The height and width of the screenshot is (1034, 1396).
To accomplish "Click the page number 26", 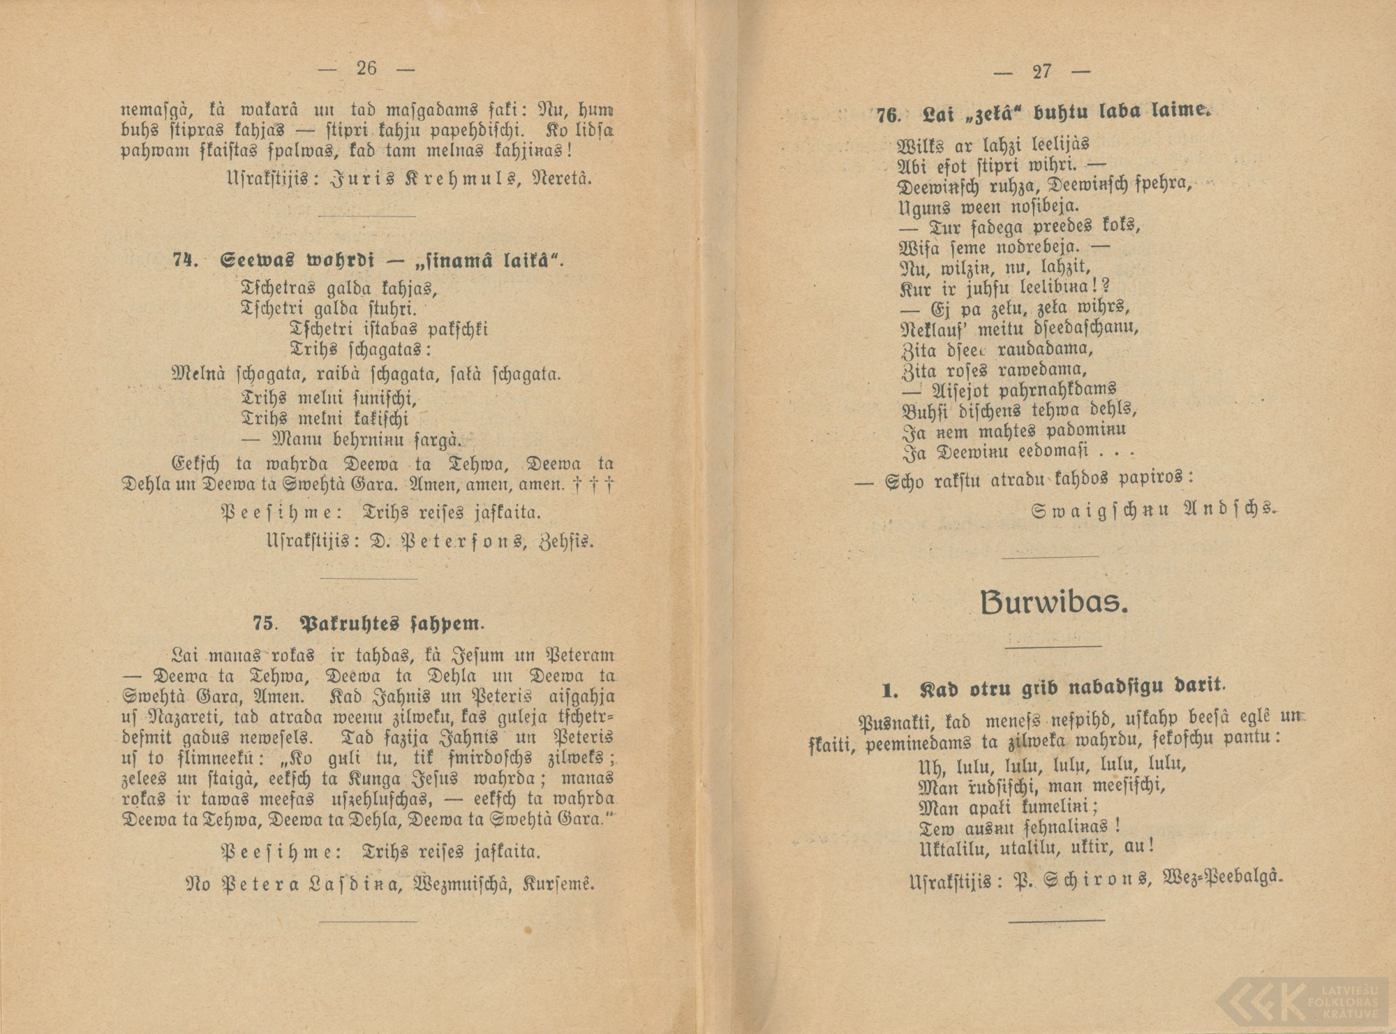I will tap(366, 68).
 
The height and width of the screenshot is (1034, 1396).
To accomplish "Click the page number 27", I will tap(1041, 71).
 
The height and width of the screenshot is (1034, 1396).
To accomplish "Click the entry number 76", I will tap(890, 115).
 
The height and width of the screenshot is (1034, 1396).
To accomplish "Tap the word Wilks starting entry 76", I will tap(921, 146).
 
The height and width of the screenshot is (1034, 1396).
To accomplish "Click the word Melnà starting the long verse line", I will tap(198, 374).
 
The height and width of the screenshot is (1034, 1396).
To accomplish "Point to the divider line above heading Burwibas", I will tap(1050, 556).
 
